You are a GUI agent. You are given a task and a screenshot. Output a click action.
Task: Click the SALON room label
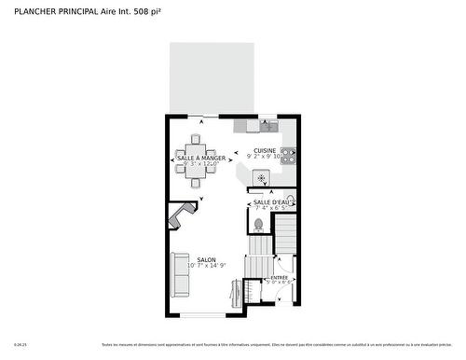tap(206, 260)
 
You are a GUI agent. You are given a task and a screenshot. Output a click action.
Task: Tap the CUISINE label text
tap(264, 150)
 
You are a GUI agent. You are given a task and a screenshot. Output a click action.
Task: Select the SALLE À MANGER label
tap(200, 159)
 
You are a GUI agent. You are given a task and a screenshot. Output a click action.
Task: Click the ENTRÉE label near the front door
tap(279, 278)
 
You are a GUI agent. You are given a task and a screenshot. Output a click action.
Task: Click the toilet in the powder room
tap(258, 224)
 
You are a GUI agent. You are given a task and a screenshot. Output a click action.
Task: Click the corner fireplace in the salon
tap(179, 216)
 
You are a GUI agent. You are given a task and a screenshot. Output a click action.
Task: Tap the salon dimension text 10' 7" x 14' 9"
tap(206, 268)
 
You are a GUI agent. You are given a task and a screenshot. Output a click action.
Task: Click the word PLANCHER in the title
tap(34, 11)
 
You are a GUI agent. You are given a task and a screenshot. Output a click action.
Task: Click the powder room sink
tap(288, 199)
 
